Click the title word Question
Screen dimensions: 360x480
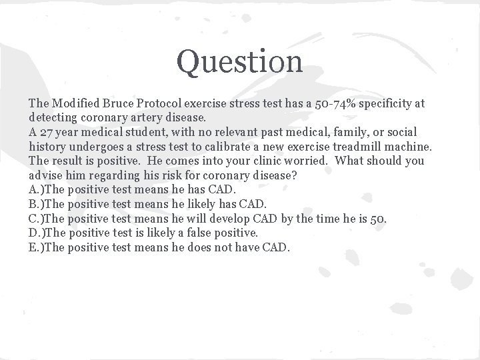coord(239,61)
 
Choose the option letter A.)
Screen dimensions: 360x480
coord(37,190)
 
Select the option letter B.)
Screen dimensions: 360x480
coord(37,204)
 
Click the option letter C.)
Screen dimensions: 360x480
coord(37,219)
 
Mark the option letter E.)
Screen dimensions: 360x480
coord(37,247)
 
